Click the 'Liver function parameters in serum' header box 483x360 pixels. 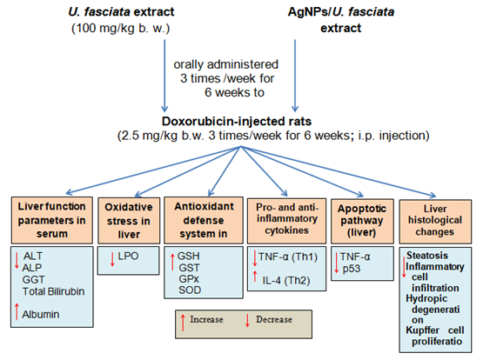51,220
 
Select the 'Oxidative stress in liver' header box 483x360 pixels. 129,221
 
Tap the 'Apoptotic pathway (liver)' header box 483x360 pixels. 362,221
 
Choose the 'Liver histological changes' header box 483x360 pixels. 435,222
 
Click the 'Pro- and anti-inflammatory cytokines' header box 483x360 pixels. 286,221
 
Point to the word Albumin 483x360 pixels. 41,315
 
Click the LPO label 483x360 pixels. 128,256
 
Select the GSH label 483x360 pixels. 189,256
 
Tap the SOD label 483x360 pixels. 190,290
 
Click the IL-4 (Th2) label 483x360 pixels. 286,281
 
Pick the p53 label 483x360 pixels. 352,269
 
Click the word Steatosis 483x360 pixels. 427,256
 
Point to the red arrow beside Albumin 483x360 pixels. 17,311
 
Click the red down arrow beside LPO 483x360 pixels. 112,259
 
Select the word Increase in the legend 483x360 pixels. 206,320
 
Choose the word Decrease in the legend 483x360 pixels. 274,320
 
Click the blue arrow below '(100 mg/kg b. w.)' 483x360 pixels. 164,76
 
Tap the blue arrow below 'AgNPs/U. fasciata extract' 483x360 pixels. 295,76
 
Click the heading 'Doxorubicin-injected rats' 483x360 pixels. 237,121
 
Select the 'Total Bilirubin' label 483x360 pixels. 53,291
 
